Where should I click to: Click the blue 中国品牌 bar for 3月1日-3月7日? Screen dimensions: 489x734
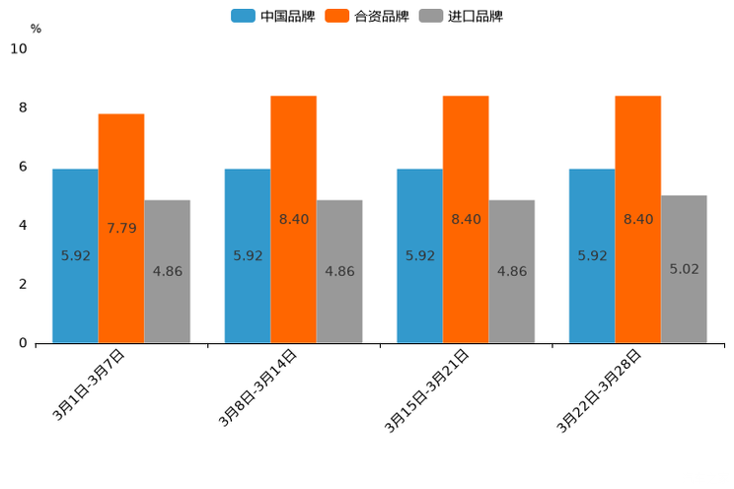(x=75, y=255)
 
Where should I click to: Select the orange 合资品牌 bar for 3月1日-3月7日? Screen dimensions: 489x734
(x=121, y=228)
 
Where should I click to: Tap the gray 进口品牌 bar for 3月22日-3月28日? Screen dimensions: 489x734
(x=684, y=268)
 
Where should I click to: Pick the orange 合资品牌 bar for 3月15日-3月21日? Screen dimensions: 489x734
(x=466, y=219)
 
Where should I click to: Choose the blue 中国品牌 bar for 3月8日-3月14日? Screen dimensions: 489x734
(x=248, y=255)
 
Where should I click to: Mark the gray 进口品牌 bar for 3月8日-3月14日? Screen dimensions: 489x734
(x=339, y=271)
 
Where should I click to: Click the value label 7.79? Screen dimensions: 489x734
(x=121, y=228)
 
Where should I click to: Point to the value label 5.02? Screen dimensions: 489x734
(x=684, y=268)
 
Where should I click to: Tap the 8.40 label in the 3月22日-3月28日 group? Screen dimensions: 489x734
(x=638, y=219)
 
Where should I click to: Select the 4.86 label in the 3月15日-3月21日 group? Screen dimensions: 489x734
(x=512, y=271)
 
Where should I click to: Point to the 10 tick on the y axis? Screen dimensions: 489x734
(x=19, y=48)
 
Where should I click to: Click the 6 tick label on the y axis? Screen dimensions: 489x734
(x=23, y=167)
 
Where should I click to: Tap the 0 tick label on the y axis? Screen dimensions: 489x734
(x=23, y=343)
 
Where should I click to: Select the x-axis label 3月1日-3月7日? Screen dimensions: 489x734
(x=89, y=385)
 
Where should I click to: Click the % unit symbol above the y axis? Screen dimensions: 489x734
(x=36, y=29)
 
